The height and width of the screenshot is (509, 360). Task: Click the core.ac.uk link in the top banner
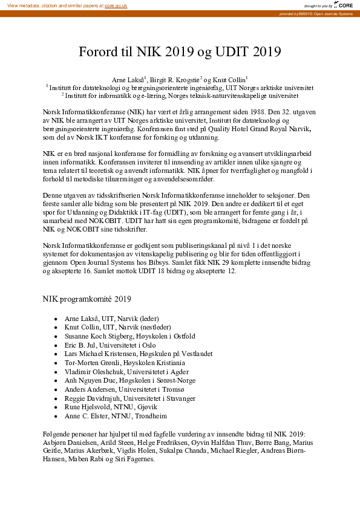116,5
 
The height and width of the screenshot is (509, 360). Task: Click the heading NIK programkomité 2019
87,299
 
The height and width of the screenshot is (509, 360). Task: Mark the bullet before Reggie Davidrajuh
56,399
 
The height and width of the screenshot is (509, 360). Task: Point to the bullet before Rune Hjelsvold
56,407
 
